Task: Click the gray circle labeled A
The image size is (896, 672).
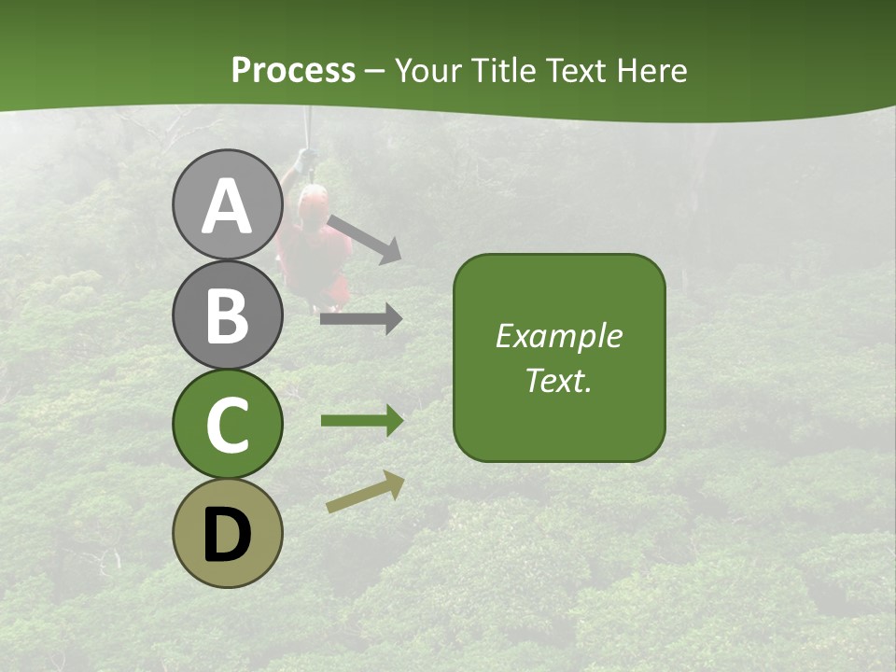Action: coord(227,204)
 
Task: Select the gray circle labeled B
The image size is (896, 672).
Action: coord(227,315)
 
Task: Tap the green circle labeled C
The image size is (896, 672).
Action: coord(227,424)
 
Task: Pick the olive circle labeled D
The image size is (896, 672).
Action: coord(227,533)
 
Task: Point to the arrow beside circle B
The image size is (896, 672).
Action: coord(361,319)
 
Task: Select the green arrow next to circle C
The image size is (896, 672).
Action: coord(362,421)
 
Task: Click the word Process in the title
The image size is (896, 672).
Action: coord(293,71)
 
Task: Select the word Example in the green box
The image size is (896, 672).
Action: coord(558,336)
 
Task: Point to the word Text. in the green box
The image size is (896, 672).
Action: coord(558,380)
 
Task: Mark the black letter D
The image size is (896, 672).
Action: coord(227,535)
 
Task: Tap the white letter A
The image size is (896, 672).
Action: coord(227,206)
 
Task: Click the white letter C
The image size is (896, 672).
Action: coord(227,426)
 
